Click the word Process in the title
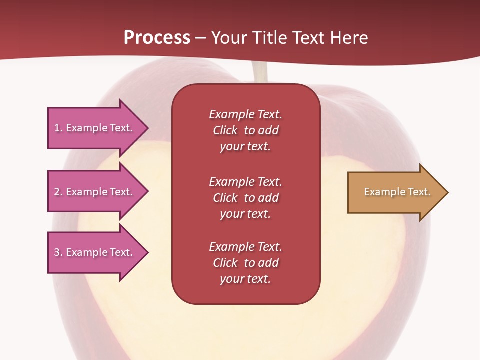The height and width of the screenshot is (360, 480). (x=157, y=37)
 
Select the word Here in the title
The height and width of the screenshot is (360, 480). (x=349, y=37)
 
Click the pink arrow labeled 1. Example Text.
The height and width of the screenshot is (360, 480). (x=98, y=128)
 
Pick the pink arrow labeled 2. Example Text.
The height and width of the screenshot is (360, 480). (x=98, y=191)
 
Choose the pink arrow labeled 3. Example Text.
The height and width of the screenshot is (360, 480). (x=98, y=252)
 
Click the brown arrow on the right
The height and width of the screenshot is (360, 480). (x=398, y=192)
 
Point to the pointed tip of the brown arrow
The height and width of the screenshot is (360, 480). (x=448, y=192)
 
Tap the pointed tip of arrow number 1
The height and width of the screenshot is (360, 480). (x=149, y=128)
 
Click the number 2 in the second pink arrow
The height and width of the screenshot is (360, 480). (x=57, y=192)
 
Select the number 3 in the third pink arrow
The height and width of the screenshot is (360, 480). (x=57, y=252)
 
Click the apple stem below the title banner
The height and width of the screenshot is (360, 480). (x=259, y=72)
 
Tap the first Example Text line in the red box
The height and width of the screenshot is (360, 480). (x=245, y=114)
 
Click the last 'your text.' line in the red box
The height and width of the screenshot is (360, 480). (x=245, y=279)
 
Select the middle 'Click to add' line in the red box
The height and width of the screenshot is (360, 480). (x=246, y=198)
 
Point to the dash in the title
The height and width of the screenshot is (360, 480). (x=200, y=38)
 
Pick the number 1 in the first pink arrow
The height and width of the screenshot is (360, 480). (x=57, y=128)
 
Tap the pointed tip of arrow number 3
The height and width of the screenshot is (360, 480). (x=149, y=253)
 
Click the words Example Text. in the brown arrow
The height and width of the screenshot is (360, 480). (x=397, y=192)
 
